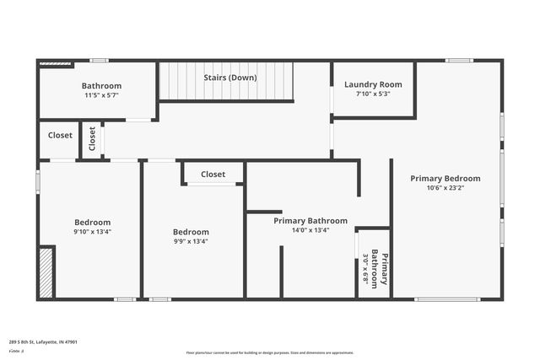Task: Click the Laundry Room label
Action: click(373, 84)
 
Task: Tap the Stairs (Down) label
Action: click(230, 78)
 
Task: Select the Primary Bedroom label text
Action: click(445, 179)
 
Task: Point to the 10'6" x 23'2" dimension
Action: click(445, 188)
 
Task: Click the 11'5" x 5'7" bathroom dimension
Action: click(101, 95)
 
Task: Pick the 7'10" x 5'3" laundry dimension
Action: click(373, 94)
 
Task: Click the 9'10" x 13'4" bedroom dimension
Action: click(93, 232)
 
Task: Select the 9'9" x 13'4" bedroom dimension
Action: click(191, 241)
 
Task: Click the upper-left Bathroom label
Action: click(101, 86)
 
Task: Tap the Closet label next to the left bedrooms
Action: click(60, 135)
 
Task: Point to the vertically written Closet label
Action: click(93, 138)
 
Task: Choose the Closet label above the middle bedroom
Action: click(213, 175)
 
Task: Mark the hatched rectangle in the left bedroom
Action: click(47, 271)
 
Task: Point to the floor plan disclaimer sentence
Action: click(270, 352)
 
